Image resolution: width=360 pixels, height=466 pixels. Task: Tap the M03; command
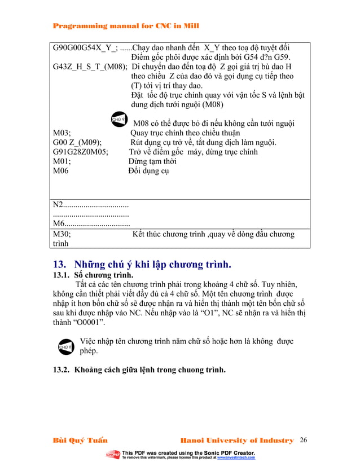61,133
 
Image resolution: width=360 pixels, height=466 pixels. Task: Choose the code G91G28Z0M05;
82,152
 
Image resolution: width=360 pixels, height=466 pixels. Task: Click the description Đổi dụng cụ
148,171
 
